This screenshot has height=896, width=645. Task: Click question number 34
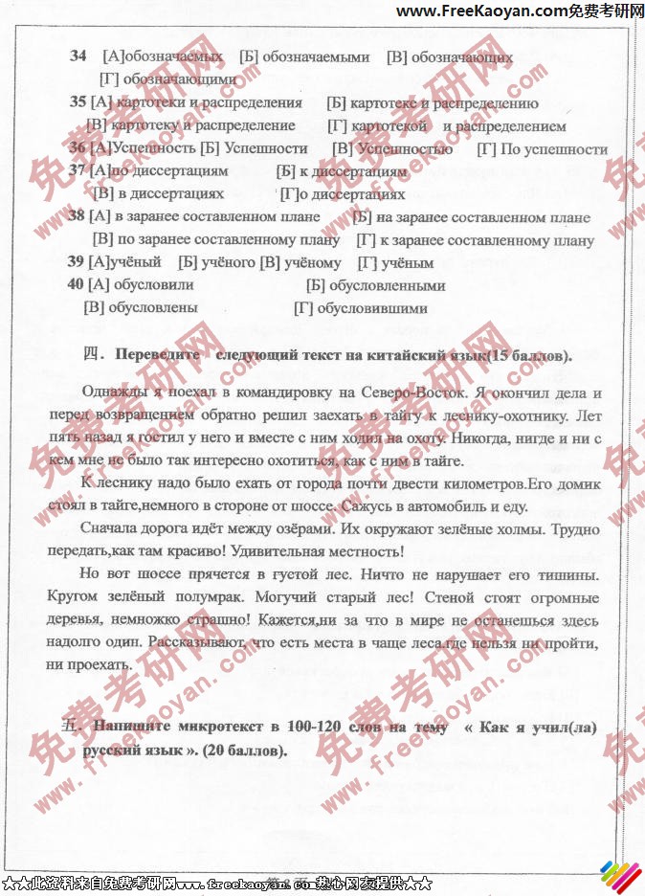[x=78, y=56]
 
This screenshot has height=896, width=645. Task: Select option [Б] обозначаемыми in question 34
[x=304, y=57]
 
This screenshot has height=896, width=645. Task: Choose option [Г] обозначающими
[x=167, y=79]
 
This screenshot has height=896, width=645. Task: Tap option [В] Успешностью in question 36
[x=392, y=149]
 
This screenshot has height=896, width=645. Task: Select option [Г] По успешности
[x=542, y=149]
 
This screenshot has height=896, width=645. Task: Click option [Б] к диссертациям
[x=341, y=172]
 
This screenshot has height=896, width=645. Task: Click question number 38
[x=77, y=217]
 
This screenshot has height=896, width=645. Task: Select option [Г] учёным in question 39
[x=395, y=263]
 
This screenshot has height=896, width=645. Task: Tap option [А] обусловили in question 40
[x=141, y=285]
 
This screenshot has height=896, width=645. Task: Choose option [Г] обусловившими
[x=360, y=308]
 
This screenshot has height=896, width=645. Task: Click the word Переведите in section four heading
[x=157, y=356]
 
